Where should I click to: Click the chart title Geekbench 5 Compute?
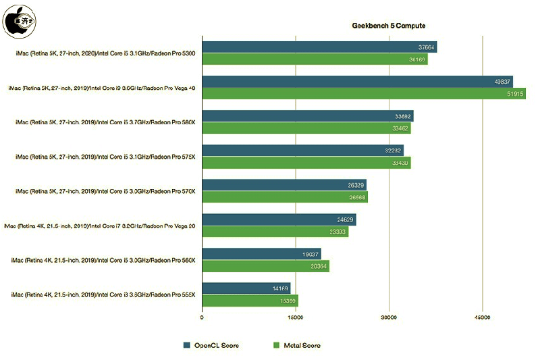point(388,26)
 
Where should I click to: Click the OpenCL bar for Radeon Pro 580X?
point(308,116)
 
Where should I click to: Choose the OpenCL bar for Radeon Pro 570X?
point(284,184)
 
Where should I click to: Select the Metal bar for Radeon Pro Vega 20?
point(275,231)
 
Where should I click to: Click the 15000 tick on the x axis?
point(295,317)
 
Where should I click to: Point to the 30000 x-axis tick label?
point(389,317)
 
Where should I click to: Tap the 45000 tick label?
point(482,317)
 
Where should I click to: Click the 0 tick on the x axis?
point(202,317)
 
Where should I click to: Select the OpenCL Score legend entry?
point(211,345)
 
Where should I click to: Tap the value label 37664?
point(427,47)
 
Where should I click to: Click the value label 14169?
point(280,288)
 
